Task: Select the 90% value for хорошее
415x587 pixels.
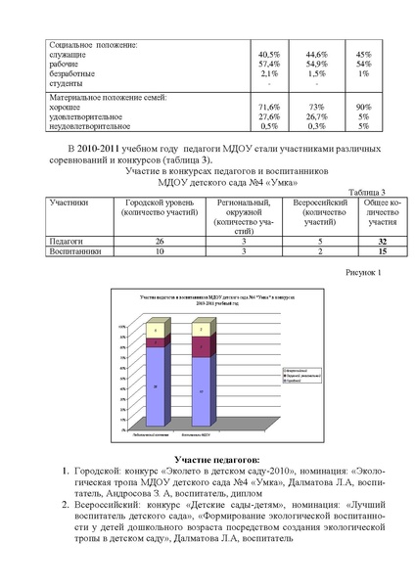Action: pyautogui.click(x=363, y=106)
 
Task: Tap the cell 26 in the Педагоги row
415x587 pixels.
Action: pyautogui.click(x=159, y=240)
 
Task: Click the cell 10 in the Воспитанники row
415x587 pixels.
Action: pyautogui.click(x=159, y=251)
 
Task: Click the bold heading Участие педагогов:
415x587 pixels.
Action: pyautogui.click(x=216, y=457)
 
